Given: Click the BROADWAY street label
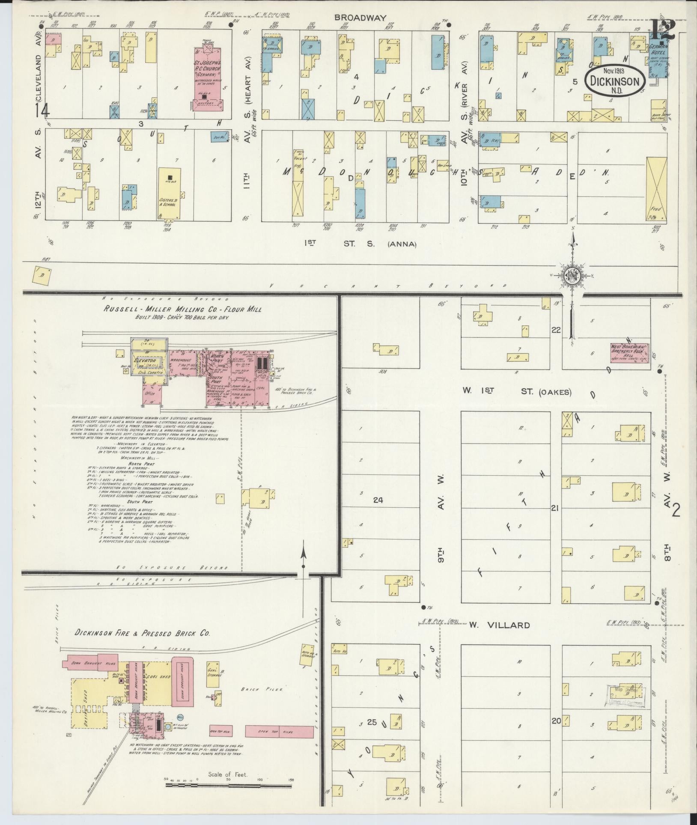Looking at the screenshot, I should [x=360, y=18].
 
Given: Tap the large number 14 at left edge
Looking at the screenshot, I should [x=42, y=110].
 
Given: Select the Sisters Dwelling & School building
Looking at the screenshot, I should [x=170, y=193].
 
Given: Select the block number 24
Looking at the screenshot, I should [x=378, y=499].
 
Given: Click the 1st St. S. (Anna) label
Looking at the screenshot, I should [x=360, y=244].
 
